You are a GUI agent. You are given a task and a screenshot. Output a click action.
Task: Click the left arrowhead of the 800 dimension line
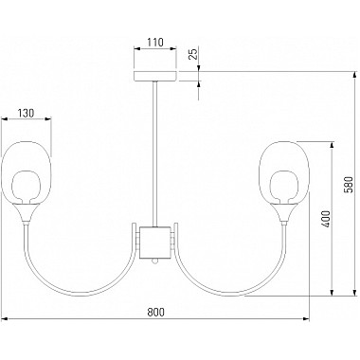4,317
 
